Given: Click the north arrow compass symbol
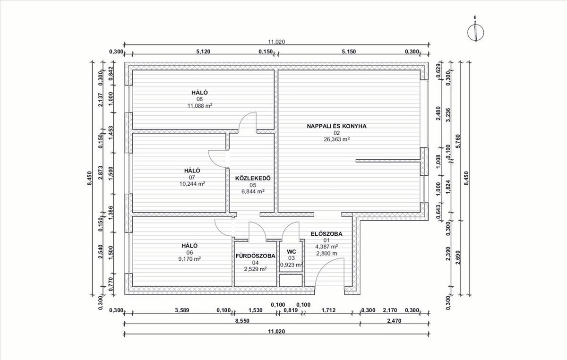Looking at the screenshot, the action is [x=476, y=33].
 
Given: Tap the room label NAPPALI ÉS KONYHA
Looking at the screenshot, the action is [x=336, y=126].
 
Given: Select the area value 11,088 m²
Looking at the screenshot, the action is [x=200, y=106].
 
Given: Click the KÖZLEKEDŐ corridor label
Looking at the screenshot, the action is [x=253, y=178].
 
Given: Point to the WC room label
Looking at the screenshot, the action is [x=292, y=252].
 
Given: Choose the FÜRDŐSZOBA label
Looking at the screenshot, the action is [x=256, y=256].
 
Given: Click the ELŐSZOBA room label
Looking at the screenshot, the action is [x=326, y=234].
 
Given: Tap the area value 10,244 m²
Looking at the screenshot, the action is [x=192, y=184].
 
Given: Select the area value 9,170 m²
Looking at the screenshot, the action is [x=189, y=259].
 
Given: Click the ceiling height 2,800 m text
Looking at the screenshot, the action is [x=326, y=253].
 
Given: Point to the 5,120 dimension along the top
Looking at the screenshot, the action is [x=203, y=51].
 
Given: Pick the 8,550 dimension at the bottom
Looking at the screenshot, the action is [x=242, y=321].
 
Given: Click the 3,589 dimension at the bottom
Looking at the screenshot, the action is [x=182, y=310].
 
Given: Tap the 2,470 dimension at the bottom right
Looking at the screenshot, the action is [x=394, y=321].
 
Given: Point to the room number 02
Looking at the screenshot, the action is [x=336, y=133].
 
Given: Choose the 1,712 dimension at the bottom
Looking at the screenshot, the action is [x=328, y=310].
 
